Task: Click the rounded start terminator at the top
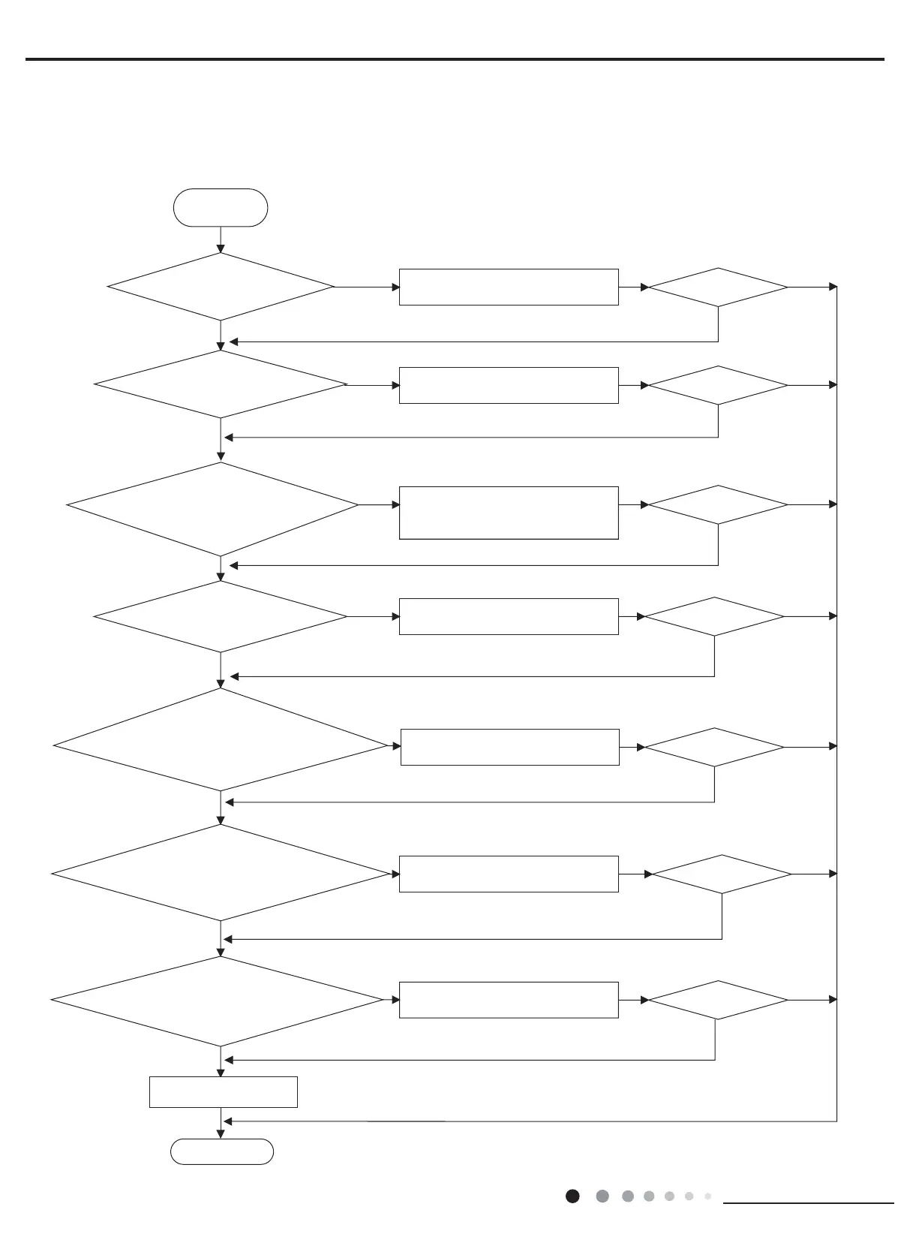(x=221, y=208)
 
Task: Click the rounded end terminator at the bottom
(x=221, y=1151)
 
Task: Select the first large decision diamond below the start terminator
(x=221, y=287)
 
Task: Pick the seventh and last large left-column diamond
(x=218, y=1001)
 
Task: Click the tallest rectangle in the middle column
(x=509, y=513)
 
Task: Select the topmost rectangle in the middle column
(x=509, y=287)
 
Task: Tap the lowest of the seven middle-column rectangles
(x=509, y=1000)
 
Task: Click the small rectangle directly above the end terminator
(x=224, y=1092)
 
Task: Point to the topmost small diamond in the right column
(x=718, y=287)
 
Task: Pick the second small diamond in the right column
(x=718, y=385)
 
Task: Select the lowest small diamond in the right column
(x=718, y=1000)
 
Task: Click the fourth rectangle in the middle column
(x=509, y=616)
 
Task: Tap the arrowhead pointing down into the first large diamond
(x=221, y=248)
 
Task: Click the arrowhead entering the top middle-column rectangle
(x=395, y=287)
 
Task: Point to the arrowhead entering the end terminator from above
(x=221, y=1134)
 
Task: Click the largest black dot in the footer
(x=572, y=1196)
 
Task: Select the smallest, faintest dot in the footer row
(x=707, y=1196)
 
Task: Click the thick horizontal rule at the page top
(x=455, y=59)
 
